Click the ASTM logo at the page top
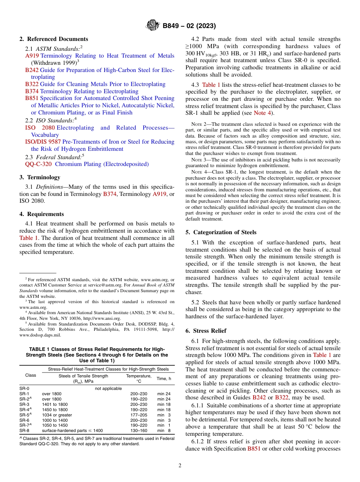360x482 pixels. pyautogui.click(x=153, y=26)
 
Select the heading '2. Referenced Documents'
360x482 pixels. pyautogui.click(x=54, y=39)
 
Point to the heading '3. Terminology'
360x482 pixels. pyautogui.click(x=40, y=177)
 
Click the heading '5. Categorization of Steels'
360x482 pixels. pyautogui.click(x=221, y=232)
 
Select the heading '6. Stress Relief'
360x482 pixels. pyautogui.click(x=204, y=331)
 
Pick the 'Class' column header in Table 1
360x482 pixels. pyautogui.click(x=30, y=376)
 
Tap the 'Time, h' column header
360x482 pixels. pyautogui.click(x=164, y=379)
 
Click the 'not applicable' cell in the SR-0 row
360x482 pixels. pyautogui.click(x=108, y=388)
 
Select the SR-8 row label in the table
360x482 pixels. pyautogui.click(x=24, y=430)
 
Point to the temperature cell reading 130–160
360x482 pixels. pyautogui.click(x=138, y=430)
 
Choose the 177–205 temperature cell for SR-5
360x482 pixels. pyautogui.click(x=138, y=415)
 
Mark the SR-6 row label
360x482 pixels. pyautogui.click(x=24, y=420)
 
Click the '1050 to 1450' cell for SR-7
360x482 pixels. pyautogui.click(x=55, y=425)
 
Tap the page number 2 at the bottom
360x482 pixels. pyautogui.click(x=180, y=466)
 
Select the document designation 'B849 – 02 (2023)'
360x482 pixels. pyautogui.click(x=189, y=26)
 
